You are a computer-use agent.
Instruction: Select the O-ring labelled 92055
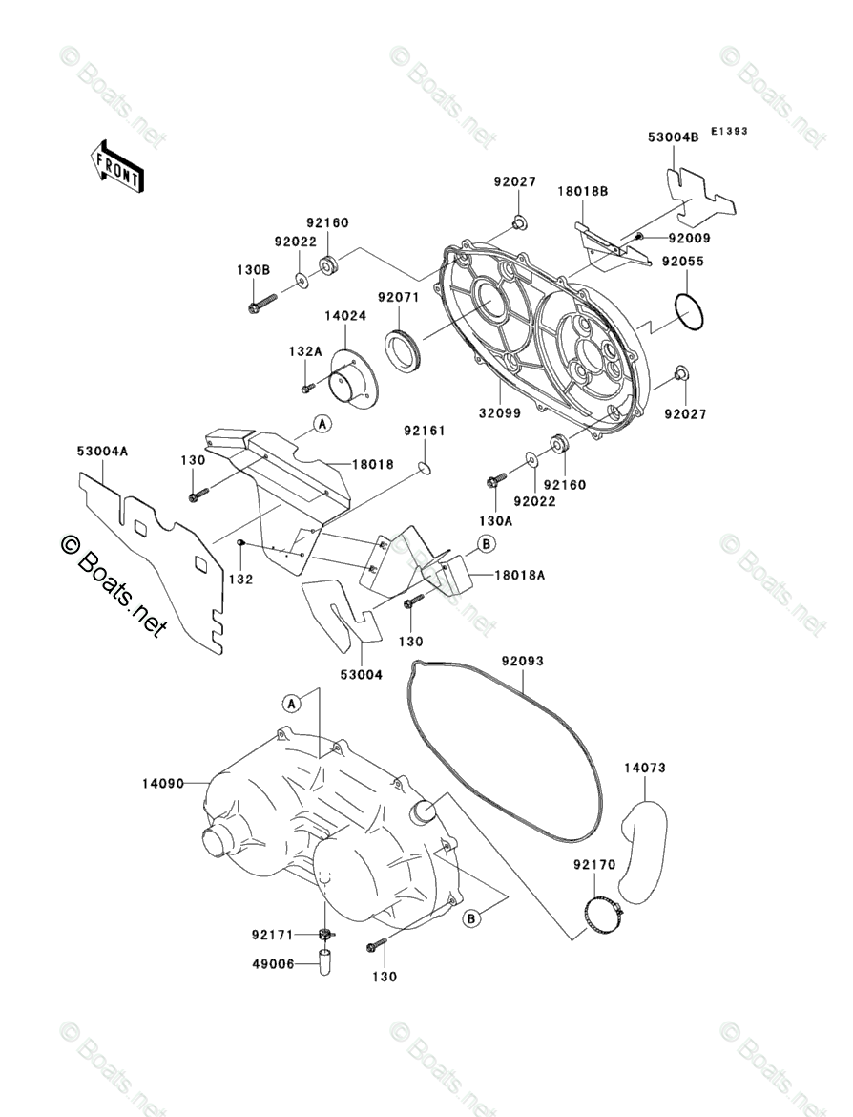pos(689,310)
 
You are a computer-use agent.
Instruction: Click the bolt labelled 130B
pos(260,304)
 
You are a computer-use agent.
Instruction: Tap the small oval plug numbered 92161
pos(425,467)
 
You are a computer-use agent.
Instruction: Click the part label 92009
pos(686,238)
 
